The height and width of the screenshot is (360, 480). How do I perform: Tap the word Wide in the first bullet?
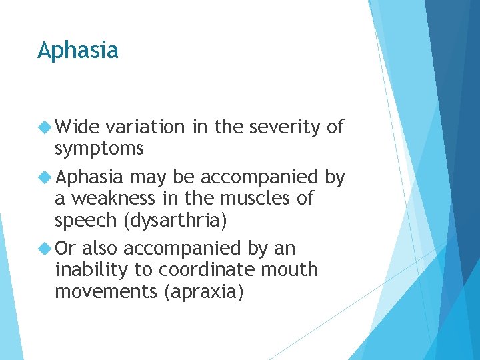coord(77,127)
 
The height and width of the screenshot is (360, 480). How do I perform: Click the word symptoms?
coord(99,149)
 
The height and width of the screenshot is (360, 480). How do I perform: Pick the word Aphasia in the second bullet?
coord(89,177)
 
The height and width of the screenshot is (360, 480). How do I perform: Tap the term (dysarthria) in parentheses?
coord(180,221)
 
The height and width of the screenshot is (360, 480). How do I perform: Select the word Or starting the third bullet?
coord(66,249)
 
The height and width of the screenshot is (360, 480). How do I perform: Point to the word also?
coord(101,249)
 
